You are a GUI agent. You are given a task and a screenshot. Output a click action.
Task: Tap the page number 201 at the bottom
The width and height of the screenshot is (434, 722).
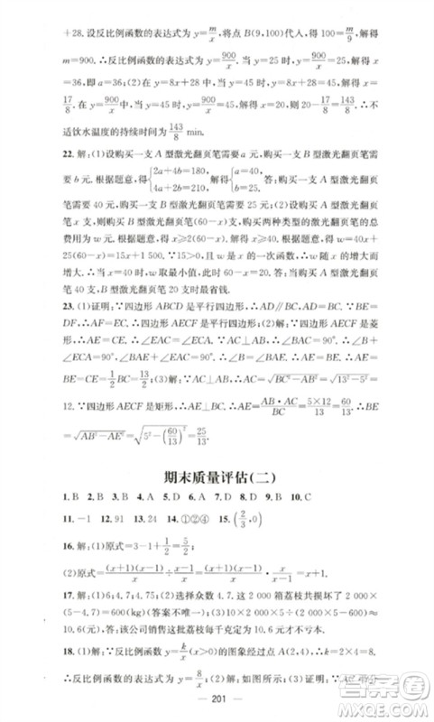217,702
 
